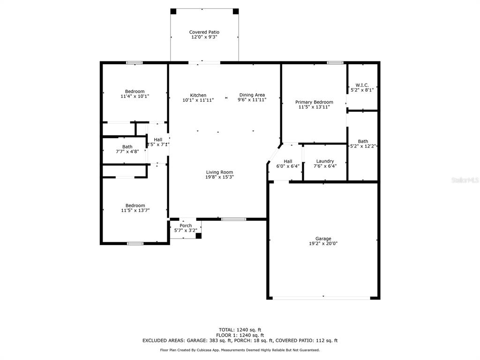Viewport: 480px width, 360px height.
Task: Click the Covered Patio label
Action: point(204,32)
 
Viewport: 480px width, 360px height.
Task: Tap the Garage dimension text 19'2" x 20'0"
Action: point(323,244)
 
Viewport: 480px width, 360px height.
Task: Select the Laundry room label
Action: point(325,161)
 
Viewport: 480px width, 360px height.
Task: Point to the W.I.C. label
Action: point(362,85)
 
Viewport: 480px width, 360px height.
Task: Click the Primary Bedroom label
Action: point(314,102)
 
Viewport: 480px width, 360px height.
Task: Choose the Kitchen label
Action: point(198,95)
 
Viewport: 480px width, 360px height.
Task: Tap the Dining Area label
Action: point(252,95)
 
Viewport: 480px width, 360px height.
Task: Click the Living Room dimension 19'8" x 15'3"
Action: point(219,177)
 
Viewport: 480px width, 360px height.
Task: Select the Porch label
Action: point(186,225)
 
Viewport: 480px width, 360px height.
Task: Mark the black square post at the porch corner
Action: point(198,236)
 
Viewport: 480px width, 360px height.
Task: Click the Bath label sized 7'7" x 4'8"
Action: point(127,147)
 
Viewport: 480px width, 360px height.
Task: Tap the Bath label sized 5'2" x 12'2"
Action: point(363,142)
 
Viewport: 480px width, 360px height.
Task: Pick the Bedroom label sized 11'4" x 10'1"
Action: point(135,91)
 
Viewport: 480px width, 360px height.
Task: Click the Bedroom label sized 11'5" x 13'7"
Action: point(135,206)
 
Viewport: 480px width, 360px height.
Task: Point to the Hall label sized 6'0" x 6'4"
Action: point(288,161)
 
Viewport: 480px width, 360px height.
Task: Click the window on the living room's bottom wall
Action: point(233,219)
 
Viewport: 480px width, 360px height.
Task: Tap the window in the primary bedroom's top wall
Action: point(335,63)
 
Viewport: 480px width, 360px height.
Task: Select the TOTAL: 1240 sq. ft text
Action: point(240,330)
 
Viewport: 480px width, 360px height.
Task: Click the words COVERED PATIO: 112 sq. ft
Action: point(307,340)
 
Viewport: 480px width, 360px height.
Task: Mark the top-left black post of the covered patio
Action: point(173,11)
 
